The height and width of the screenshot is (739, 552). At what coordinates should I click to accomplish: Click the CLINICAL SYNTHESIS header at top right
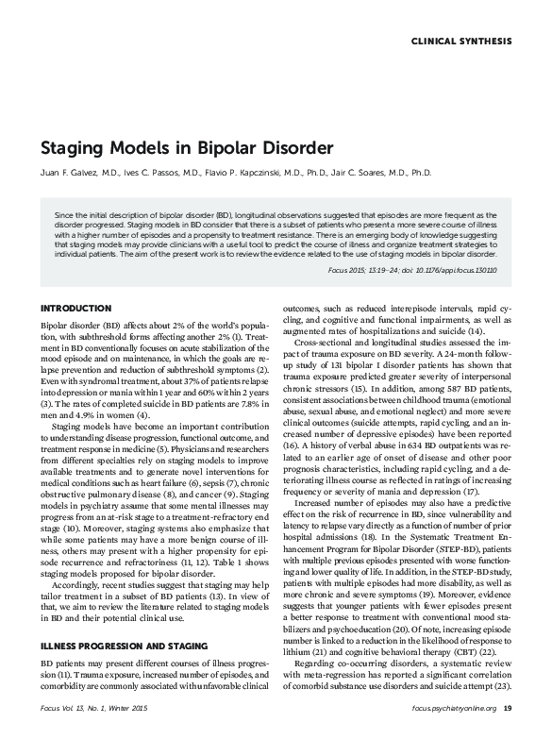pos(462,42)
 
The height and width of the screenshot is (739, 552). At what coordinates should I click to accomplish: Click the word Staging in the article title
pos(73,149)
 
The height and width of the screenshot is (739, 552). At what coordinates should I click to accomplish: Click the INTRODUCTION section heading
pos(75,309)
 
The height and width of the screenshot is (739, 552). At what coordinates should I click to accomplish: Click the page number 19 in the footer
pos(508,707)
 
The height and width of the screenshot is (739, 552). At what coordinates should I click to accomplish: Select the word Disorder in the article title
pos(293,149)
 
